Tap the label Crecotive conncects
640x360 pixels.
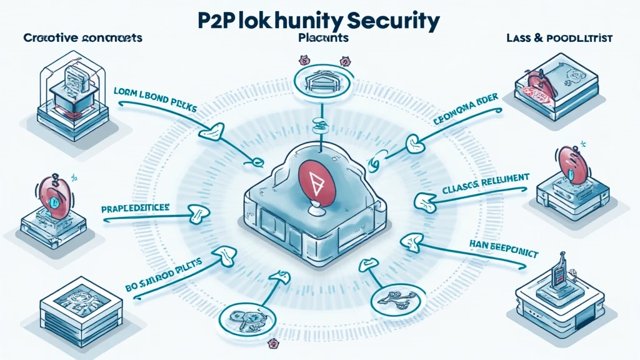[x=83, y=37]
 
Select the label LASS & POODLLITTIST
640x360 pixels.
[x=559, y=38]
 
